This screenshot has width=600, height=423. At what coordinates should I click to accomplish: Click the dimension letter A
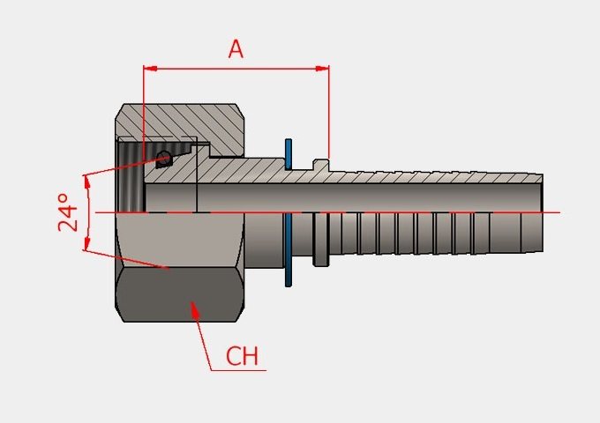coord(236,49)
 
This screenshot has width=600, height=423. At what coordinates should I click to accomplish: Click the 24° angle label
coord(68,212)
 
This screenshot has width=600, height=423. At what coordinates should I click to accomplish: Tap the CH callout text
coord(243,356)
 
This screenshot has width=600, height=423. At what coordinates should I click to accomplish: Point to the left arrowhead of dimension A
coord(150,69)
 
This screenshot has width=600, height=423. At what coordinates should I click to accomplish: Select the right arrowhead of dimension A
coord(322,69)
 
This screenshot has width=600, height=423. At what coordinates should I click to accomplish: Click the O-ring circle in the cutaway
coord(163,159)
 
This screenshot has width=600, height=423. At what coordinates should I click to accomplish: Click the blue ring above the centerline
coord(289,154)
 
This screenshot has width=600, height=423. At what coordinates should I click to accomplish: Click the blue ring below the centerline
coord(289,250)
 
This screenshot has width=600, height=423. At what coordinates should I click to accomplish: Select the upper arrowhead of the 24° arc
coord(87,183)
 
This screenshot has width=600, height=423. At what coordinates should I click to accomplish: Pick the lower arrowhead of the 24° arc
coord(87,242)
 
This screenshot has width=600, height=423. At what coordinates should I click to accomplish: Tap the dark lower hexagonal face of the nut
coord(179,294)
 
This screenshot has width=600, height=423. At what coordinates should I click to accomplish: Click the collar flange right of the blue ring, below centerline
coord(320,239)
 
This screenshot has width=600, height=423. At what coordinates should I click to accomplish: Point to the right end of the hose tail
coord(543,213)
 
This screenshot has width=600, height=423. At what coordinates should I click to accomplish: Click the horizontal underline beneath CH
coord(238,370)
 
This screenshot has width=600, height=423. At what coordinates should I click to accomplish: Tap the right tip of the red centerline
coord(559,212)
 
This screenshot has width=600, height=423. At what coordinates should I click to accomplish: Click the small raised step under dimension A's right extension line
coord(321,165)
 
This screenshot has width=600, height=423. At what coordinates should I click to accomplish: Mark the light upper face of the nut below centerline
coord(179,240)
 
